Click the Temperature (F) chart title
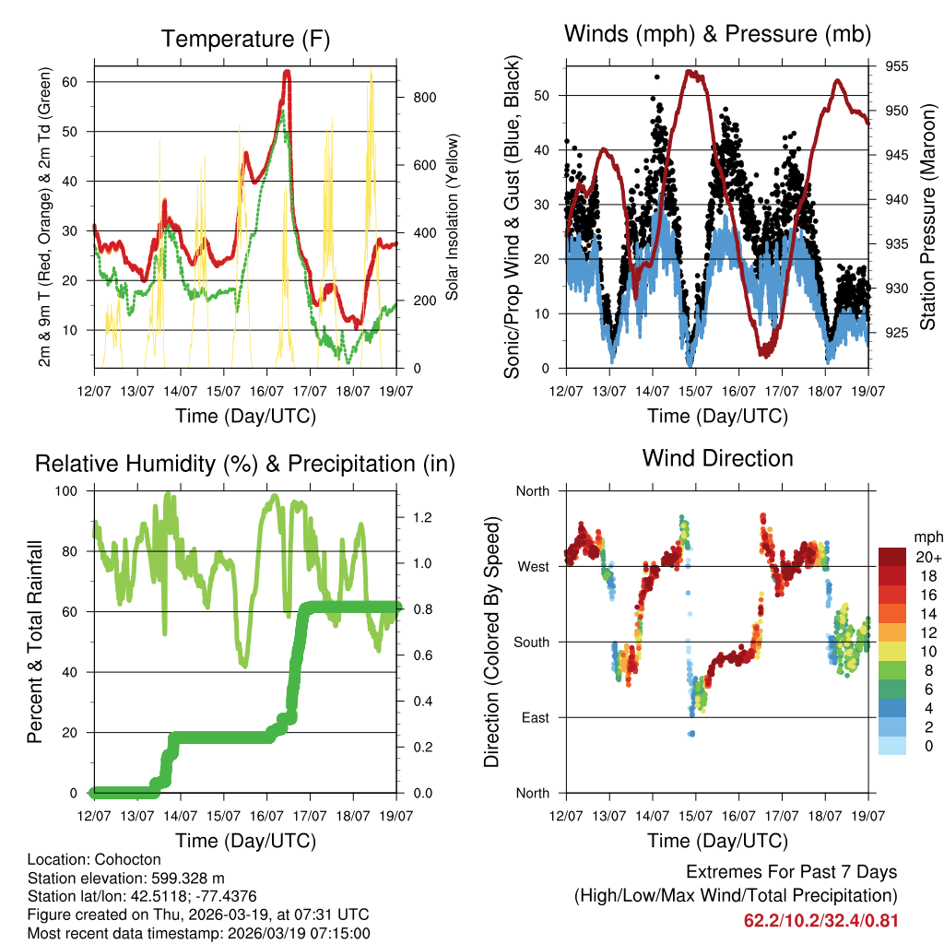click(245, 39)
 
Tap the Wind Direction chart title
click(717, 457)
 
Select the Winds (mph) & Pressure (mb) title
click(717, 34)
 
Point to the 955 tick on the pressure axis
click(897, 66)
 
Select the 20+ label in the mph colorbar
click(927, 557)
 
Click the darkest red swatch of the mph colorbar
click(892, 557)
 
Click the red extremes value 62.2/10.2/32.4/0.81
click(820, 920)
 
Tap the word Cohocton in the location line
click(121, 859)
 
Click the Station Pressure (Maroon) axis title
click(927, 216)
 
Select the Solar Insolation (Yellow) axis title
click(452, 216)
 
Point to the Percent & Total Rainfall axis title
click(35, 641)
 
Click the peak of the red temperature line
click(287, 72)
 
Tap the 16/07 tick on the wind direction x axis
click(738, 816)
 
